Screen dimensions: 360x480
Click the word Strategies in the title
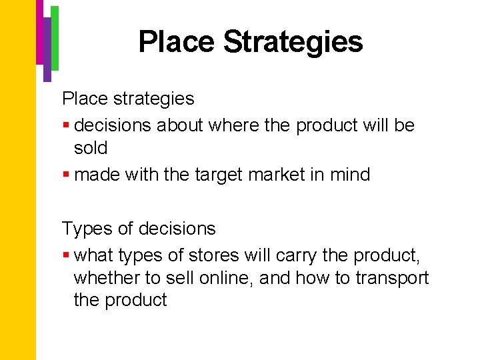click(293, 41)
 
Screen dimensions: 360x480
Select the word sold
click(91, 148)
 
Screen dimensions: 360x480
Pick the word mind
click(349, 175)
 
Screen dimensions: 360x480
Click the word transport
click(392, 277)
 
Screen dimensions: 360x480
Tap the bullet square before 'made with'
click(66, 175)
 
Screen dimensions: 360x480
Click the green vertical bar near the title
click(55, 37)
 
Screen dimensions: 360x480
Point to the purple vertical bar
click(47, 50)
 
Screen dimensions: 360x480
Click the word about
click(180, 125)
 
